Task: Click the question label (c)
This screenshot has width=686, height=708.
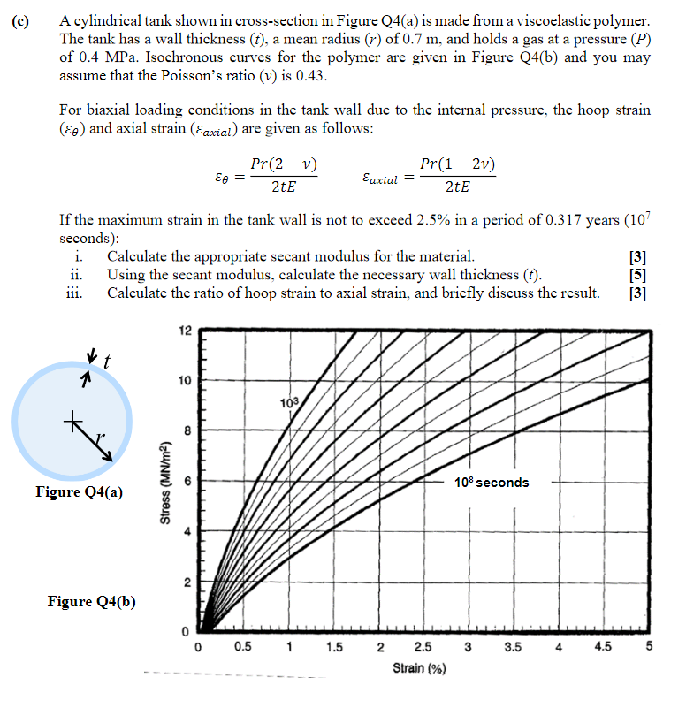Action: tap(19, 19)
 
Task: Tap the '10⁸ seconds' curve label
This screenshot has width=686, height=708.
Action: tap(492, 483)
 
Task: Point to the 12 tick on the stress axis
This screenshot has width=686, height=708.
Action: tap(184, 331)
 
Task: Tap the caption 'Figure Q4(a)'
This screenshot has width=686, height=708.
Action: tap(80, 491)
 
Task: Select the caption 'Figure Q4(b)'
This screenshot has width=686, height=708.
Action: tap(91, 602)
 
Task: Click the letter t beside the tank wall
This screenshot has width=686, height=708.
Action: tap(107, 362)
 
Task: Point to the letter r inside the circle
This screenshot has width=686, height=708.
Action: tap(100, 435)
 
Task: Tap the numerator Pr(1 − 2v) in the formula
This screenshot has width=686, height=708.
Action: tap(457, 164)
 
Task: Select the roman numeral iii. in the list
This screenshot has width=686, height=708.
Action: tap(75, 293)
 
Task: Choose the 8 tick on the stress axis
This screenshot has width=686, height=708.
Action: tap(184, 431)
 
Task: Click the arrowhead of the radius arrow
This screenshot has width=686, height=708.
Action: tap(110, 457)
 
